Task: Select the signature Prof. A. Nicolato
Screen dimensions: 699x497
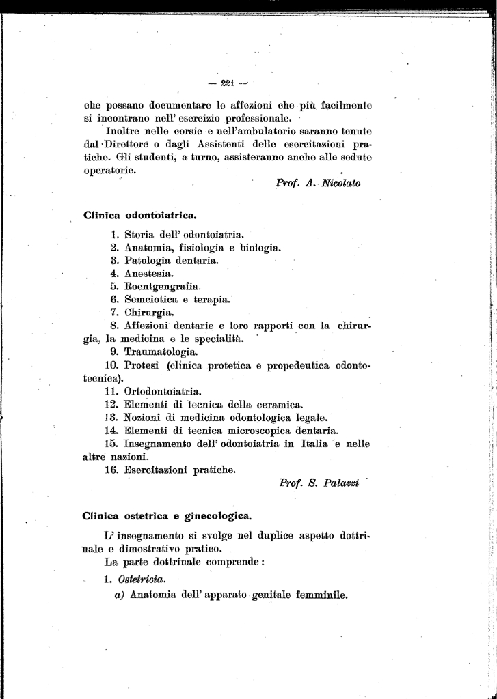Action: pos(317,183)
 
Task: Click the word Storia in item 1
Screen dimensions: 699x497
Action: pos(140,235)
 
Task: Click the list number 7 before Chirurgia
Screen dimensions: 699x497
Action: pos(115,313)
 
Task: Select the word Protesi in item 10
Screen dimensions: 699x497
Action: pos(142,365)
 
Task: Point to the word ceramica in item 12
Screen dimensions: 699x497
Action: pos(280,405)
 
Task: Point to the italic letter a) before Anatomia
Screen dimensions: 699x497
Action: pos(119,594)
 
